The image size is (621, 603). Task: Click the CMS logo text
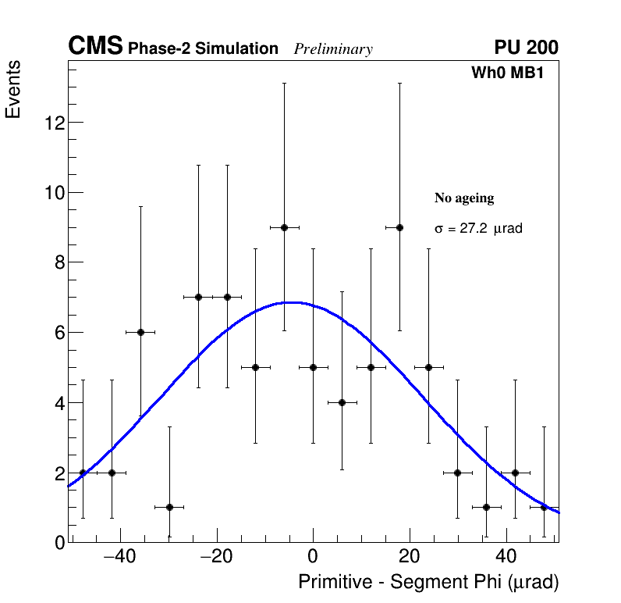tap(95, 48)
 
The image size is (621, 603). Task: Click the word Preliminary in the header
tap(333, 49)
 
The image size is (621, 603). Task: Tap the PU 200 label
tap(526, 48)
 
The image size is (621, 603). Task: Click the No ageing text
tap(464, 198)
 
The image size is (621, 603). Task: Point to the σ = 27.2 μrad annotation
tap(477, 229)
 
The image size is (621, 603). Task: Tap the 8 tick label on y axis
tap(59, 262)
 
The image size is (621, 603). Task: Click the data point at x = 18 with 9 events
tap(399, 227)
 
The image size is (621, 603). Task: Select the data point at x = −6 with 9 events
tap(284, 227)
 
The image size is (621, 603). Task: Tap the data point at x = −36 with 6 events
tap(140, 332)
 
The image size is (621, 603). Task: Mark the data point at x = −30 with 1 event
tap(169, 507)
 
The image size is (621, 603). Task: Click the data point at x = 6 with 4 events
tap(342, 402)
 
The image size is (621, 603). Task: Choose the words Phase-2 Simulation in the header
tap(203, 49)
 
